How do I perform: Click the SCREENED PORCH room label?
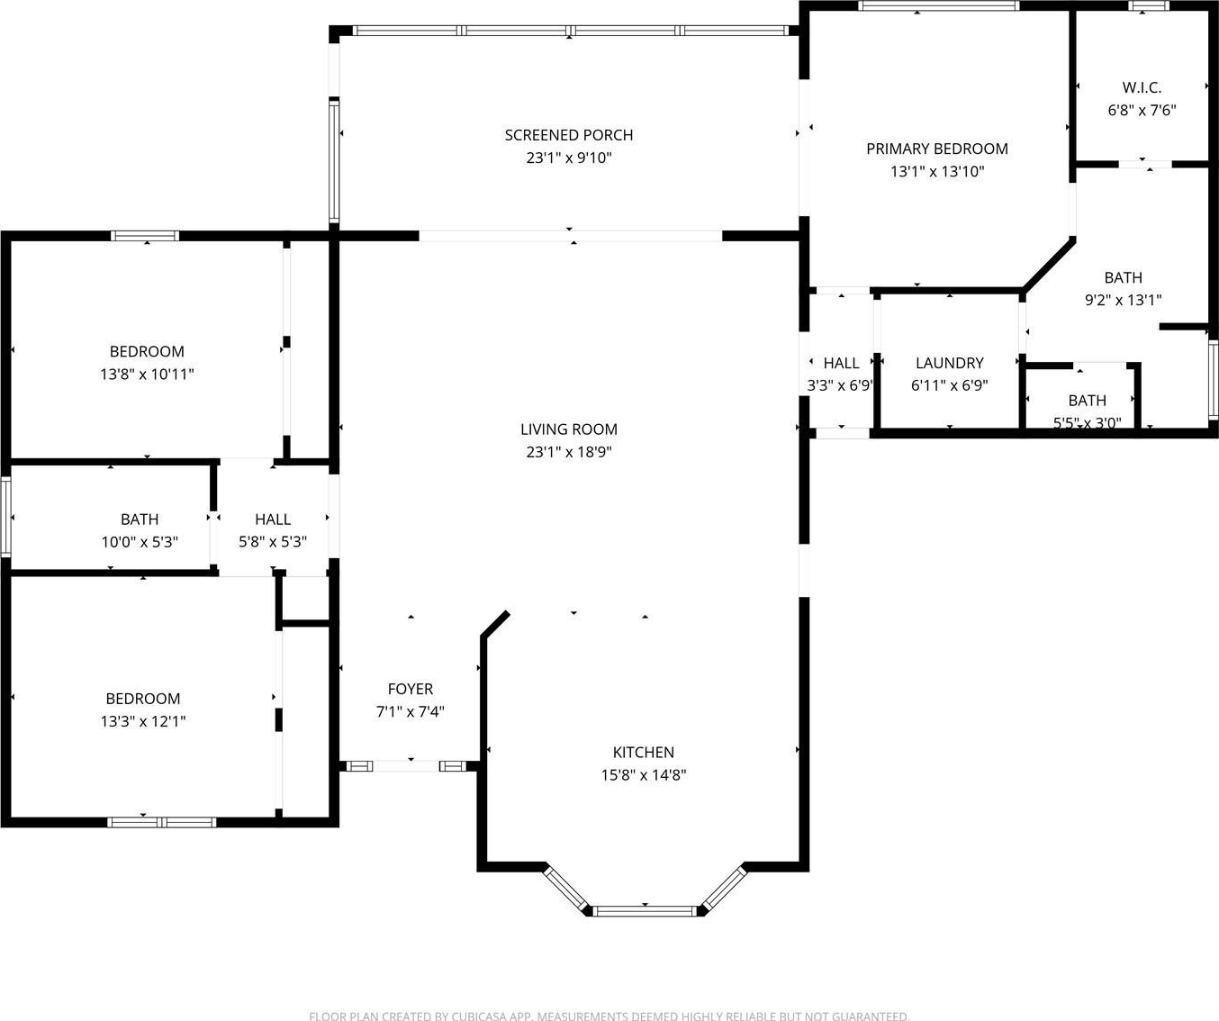[569, 135]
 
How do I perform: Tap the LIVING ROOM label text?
[569, 429]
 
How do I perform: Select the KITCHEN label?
[644, 753]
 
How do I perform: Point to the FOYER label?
[411, 690]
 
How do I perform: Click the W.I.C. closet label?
[1142, 88]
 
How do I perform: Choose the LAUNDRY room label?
[949, 363]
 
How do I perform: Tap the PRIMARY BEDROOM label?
[937, 149]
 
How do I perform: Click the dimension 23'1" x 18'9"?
[569, 452]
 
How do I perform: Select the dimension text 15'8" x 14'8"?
[644, 775]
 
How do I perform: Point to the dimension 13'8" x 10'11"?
[147, 375]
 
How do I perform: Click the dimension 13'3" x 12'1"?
[143, 721]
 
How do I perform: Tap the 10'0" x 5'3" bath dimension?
[140, 542]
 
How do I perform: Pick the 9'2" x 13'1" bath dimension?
[1124, 301]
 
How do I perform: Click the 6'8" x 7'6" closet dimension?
[1142, 111]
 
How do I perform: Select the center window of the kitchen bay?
[646, 911]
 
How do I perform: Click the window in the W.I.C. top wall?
[1149, 5]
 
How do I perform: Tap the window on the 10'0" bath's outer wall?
[5, 517]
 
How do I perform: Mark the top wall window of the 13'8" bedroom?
[145, 236]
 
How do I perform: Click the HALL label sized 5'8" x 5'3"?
[273, 520]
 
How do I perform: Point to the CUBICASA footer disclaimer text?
[609, 1016]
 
